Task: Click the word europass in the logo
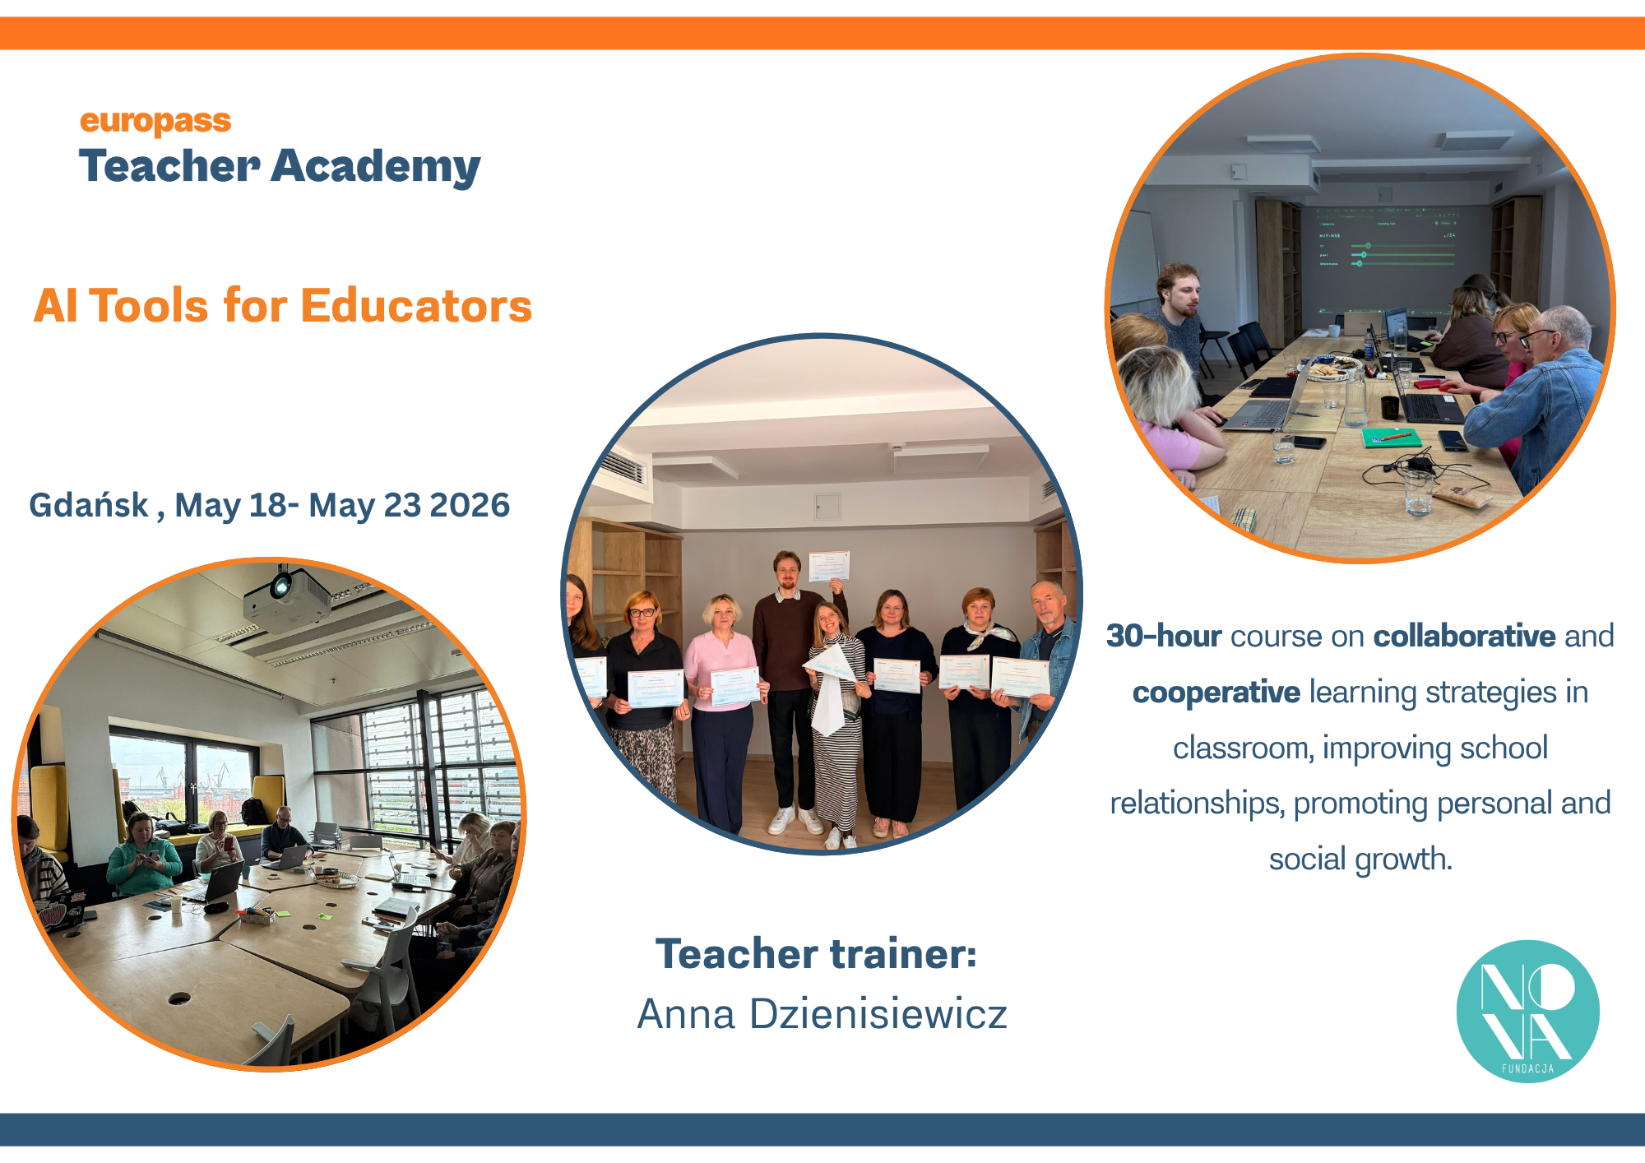(155, 122)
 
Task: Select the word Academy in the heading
(376, 168)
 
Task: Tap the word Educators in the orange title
(417, 306)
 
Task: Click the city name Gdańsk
(89, 505)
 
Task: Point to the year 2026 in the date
(470, 505)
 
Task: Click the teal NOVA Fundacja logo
(1527, 1011)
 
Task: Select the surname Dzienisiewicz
(878, 1013)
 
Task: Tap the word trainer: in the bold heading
(903, 954)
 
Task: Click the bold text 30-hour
(1164, 636)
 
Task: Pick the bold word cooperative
(1216, 693)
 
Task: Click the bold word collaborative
(1464, 636)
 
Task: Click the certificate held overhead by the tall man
(829, 567)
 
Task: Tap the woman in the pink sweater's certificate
(734, 687)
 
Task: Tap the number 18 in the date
(268, 505)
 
